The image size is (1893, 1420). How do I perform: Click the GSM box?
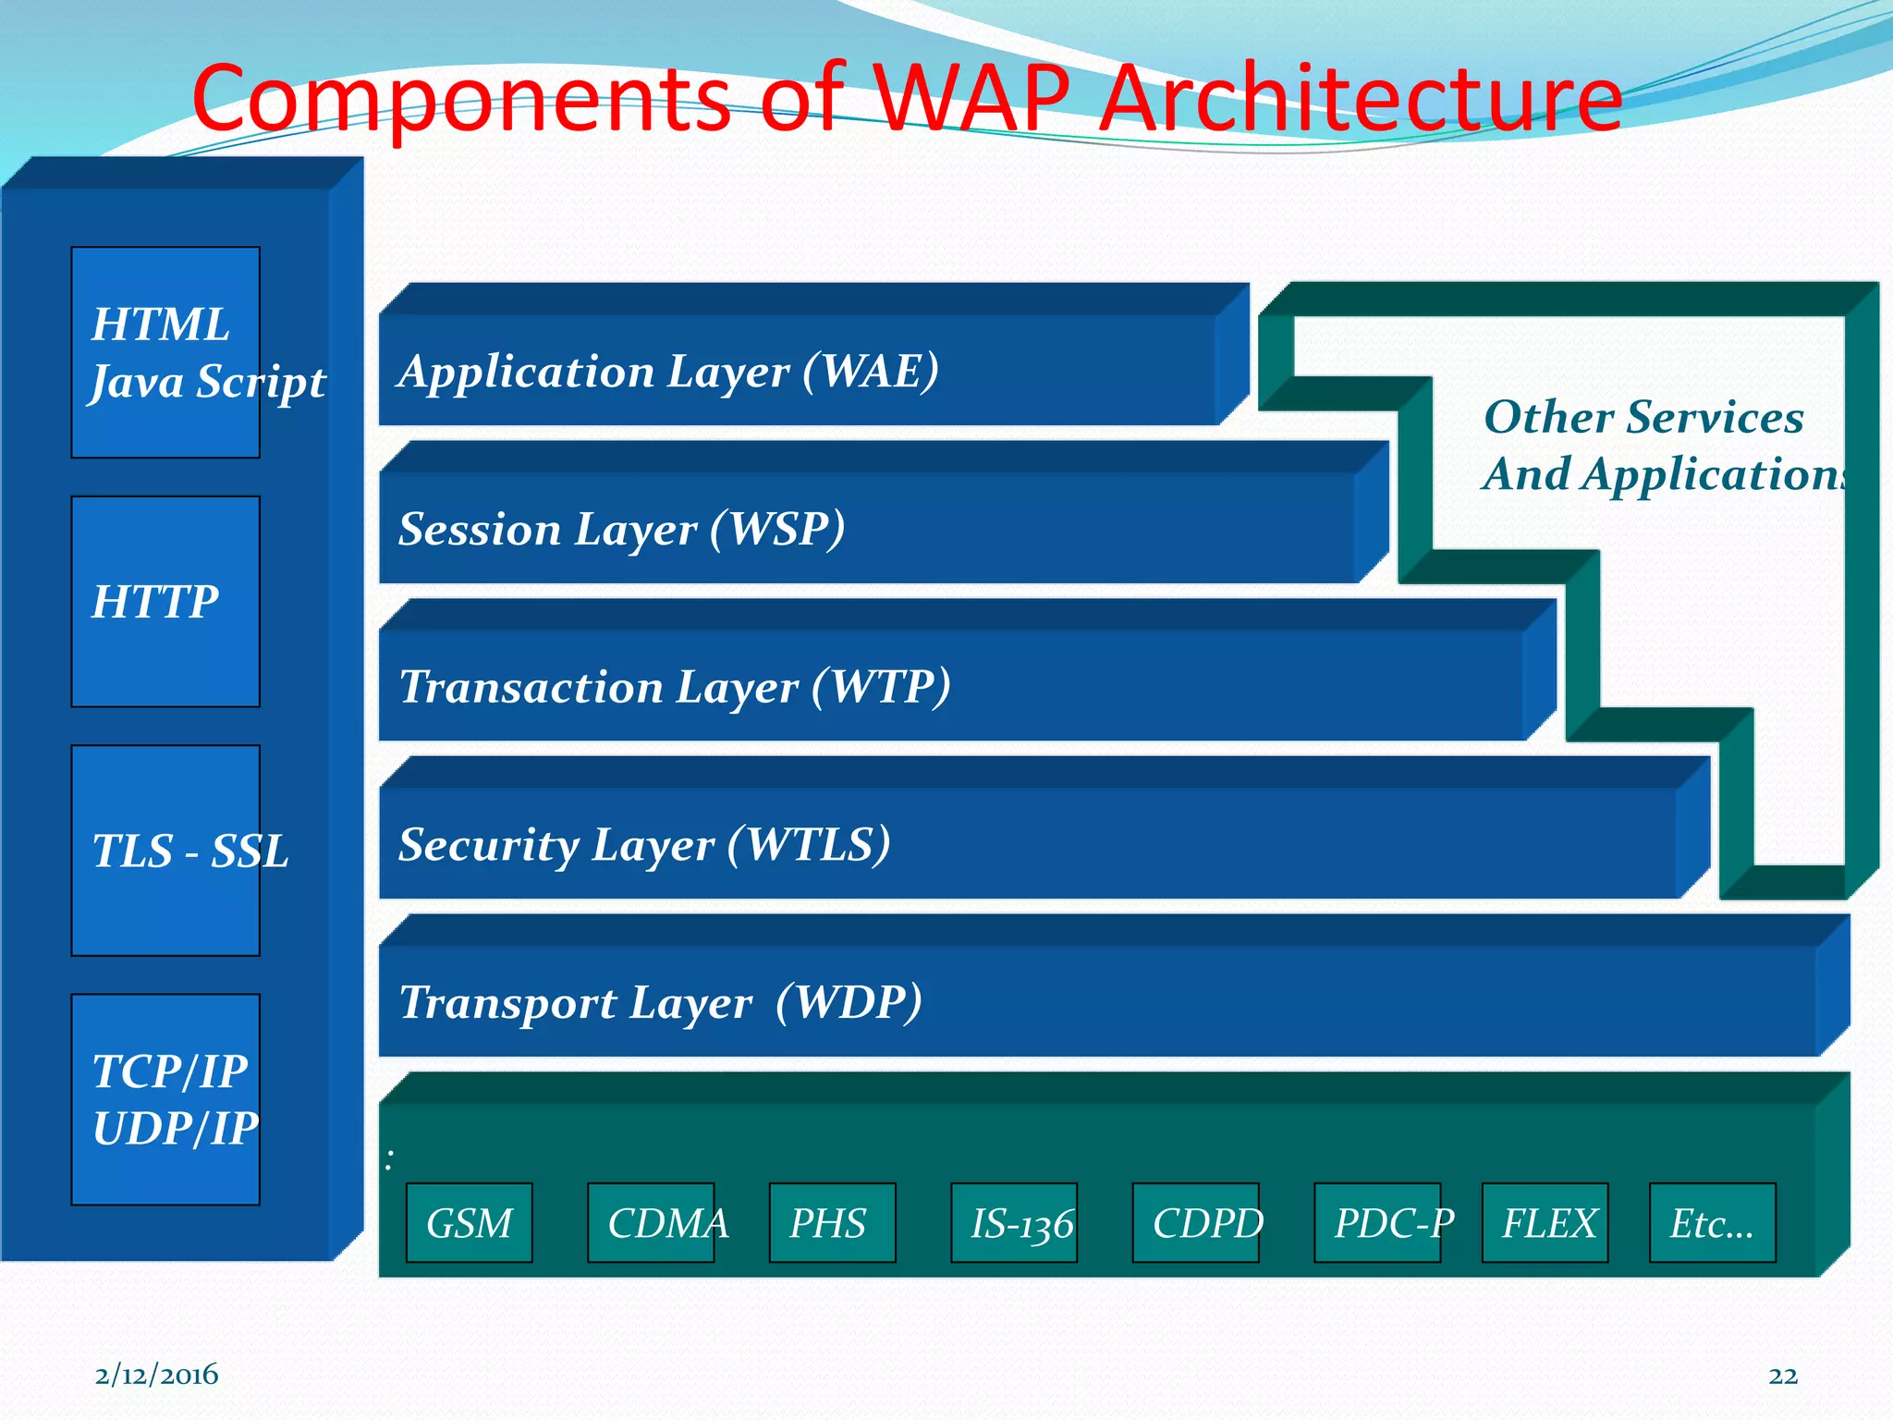tap(469, 1223)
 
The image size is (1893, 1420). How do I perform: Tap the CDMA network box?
tap(652, 1223)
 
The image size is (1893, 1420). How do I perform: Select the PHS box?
tap(831, 1223)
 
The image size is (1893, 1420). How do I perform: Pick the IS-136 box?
tap(1015, 1223)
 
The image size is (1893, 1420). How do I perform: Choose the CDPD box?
tap(1196, 1223)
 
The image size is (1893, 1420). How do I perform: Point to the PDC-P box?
tap(1378, 1223)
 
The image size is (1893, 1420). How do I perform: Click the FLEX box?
tap(1545, 1223)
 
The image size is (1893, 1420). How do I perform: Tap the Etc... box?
tap(1712, 1223)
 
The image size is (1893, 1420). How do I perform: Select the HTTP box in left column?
tap(165, 602)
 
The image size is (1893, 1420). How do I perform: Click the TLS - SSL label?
tap(189, 851)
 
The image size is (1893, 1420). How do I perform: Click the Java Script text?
tap(208, 382)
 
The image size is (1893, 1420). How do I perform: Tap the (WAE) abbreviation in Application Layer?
tap(870, 371)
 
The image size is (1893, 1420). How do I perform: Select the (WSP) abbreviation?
tap(776, 529)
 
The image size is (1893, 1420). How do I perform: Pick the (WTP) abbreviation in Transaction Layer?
tap(880, 687)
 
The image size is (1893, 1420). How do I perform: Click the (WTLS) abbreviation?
tap(809, 845)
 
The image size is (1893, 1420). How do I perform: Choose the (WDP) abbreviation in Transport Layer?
tap(848, 1002)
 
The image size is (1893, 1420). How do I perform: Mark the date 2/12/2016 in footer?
tap(156, 1375)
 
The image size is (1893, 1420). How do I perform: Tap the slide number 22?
tap(1783, 1376)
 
